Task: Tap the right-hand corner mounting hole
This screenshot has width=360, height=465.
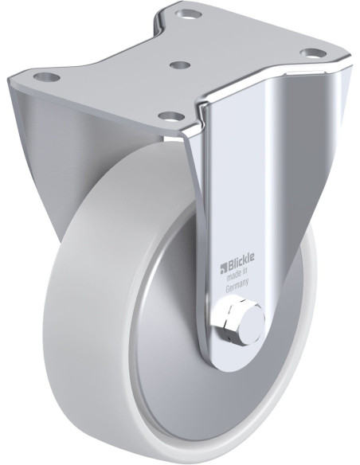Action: [311, 53]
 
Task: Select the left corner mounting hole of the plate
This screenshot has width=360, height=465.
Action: [46, 76]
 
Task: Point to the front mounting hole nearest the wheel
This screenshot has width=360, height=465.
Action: [171, 115]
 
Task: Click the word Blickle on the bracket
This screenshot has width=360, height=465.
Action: [241, 259]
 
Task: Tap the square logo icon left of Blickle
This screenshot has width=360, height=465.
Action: [223, 262]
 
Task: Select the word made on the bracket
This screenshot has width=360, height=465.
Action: [233, 272]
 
